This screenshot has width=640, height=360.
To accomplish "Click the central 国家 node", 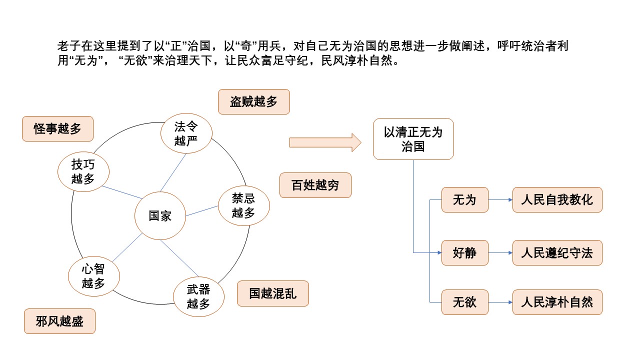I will (160, 215).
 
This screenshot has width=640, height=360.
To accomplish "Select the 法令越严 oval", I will (186, 133).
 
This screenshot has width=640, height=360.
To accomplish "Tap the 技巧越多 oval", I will (83, 171).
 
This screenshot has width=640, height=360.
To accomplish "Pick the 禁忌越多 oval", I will (243, 206).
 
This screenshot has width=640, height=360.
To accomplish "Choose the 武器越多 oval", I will (198, 296).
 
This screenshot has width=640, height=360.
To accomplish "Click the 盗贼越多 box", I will (253, 102).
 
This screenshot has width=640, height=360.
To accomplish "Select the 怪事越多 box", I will (58, 128).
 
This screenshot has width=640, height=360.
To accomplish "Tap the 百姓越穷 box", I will (315, 185).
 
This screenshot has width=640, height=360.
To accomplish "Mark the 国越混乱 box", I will (272, 293).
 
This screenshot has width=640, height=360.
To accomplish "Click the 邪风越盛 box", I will (59, 321).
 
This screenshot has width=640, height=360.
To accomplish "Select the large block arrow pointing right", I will (325, 142).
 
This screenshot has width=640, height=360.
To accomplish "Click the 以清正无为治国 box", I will (413, 139).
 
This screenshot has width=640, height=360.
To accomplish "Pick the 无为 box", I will (464, 200).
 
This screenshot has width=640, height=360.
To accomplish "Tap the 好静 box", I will (464, 252).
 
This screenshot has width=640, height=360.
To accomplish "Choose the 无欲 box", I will (464, 302).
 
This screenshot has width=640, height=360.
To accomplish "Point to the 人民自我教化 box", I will (557, 200).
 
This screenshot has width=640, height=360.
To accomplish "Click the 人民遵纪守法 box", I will (557, 252).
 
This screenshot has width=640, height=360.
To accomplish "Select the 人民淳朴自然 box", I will (557, 302).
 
